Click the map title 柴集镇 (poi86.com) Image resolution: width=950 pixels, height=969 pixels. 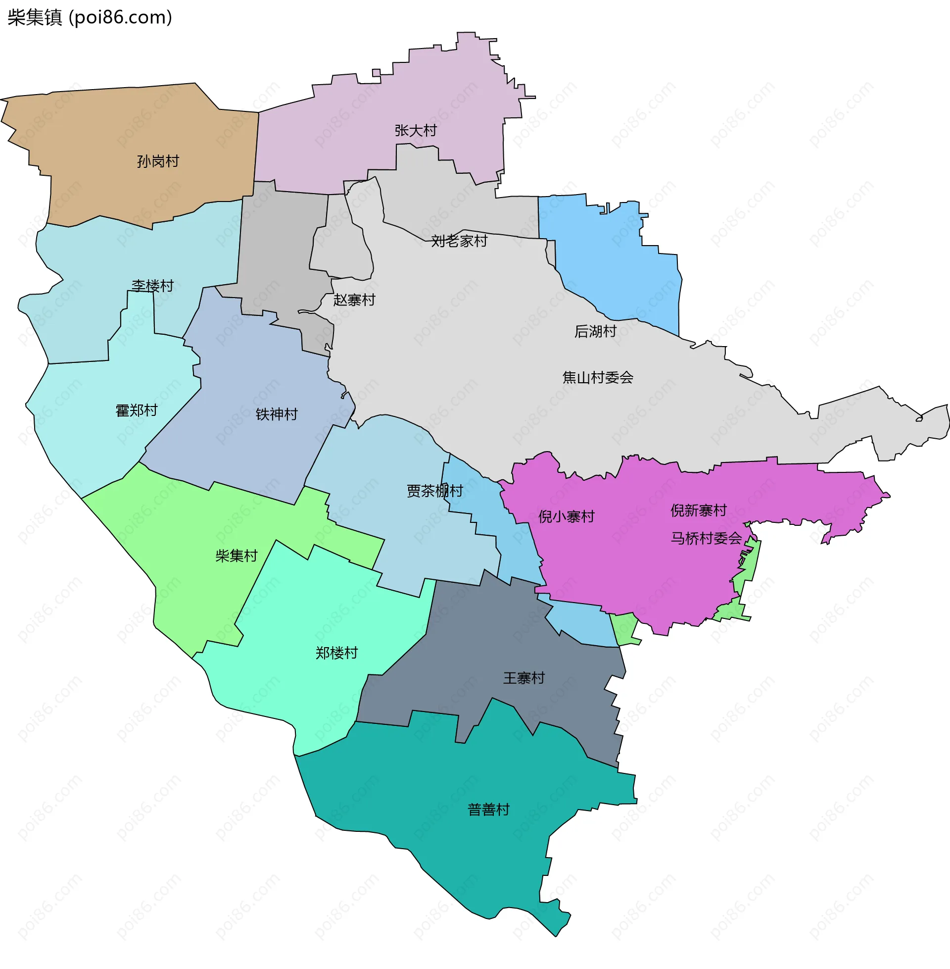[x=90, y=17]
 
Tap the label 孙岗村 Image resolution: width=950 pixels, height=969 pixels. [x=158, y=161]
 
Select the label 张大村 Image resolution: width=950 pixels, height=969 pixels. [x=415, y=131]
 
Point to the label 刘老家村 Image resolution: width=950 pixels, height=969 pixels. [x=459, y=241]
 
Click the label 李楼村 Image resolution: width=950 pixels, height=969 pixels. [x=152, y=286]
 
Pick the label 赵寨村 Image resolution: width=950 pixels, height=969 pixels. [x=354, y=300]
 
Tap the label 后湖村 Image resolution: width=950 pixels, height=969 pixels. [x=595, y=331]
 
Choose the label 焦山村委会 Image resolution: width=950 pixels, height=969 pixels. [x=597, y=377]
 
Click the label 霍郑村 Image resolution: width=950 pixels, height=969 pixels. [x=136, y=410]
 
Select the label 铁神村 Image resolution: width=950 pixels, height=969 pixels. [x=277, y=414]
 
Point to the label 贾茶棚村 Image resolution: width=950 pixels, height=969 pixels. [x=434, y=491]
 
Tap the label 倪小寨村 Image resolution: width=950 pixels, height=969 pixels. [x=566, y=517]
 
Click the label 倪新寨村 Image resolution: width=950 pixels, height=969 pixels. [x=698, y=510]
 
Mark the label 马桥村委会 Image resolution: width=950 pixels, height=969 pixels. [x=706, y=538]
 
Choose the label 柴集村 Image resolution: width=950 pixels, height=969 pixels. [x=236, y=556]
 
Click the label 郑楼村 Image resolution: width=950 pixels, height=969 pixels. [x=336, y=653]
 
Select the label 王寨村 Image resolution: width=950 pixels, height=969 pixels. [x=523, y=678]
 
